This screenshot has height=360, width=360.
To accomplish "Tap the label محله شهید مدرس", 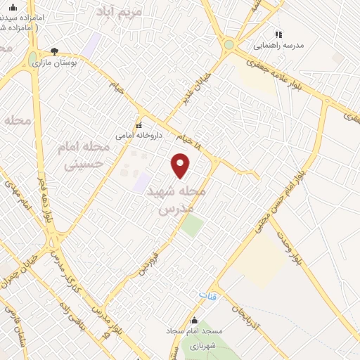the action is pos(179,200).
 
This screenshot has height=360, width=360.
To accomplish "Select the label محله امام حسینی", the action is pos(84,155).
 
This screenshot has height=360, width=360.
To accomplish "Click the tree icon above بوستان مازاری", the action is pos(55,51).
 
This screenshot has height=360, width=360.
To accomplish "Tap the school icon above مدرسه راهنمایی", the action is pos(278,34).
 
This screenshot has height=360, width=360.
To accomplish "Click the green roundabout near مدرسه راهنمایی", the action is pos(229,44).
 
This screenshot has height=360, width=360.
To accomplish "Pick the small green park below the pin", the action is pos(191,226).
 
